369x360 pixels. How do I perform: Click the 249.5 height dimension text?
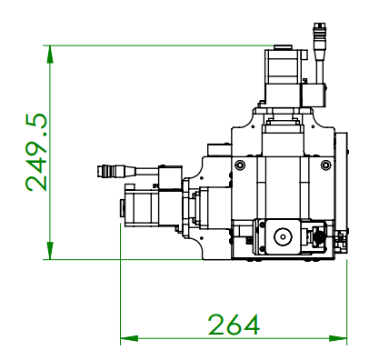36,153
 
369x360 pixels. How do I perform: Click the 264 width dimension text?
234,325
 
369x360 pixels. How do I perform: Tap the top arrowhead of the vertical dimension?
50,55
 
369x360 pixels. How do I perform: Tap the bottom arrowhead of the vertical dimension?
50,251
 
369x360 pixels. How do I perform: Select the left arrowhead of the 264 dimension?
129,338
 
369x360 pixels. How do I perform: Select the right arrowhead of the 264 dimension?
338,338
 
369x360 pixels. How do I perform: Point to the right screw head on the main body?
325,165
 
